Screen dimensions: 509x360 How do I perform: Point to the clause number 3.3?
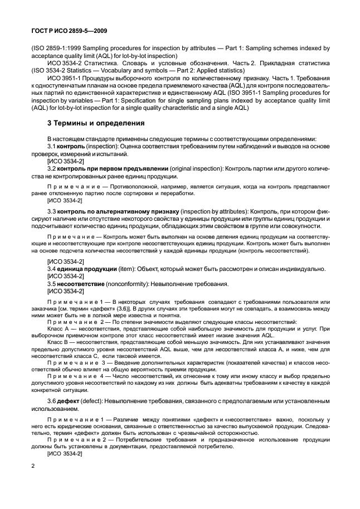[x=52, y=212]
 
